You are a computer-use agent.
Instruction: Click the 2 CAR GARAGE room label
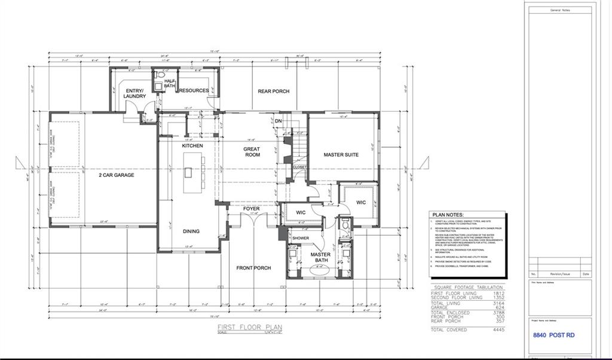point(117,175)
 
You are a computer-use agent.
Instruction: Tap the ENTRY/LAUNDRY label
point(134,93)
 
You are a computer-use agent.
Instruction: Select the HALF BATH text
point(170,84)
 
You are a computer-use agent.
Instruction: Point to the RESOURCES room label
point(194,91)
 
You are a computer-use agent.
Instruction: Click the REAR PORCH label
point(273,91)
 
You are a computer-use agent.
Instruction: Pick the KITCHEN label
point(192,146)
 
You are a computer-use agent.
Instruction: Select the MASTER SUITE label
point(341,155)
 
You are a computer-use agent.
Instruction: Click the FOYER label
point(251,209)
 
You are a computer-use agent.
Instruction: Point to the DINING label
point(191,231)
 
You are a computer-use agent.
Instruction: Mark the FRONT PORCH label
point(253,268)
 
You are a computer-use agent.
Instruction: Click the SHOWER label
point(301,238)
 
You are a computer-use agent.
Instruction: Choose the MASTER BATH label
point(320,258)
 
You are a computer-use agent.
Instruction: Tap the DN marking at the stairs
point(278,121)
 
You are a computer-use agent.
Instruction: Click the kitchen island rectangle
point(188,173)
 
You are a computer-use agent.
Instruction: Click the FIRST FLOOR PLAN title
point(249,328)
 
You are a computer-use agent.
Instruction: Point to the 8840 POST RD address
point(553,335)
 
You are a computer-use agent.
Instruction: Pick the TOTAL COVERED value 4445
point(498,330)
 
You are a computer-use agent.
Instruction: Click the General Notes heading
point(560,10)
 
